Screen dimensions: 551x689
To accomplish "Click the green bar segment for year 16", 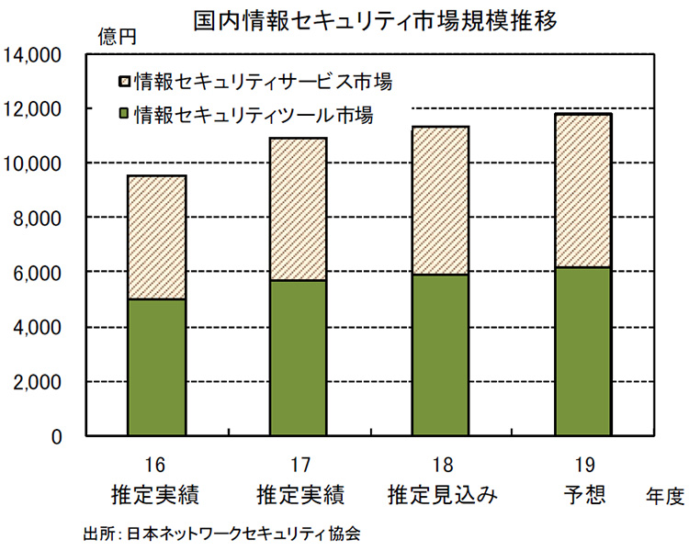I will coord(156,367).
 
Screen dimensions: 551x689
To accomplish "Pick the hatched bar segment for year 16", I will coord(156,237).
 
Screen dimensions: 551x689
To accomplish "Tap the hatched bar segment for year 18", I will coord(441,200).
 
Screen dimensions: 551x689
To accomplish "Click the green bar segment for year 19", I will coord(583,351).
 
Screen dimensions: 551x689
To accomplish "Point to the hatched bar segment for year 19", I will coord(583,190).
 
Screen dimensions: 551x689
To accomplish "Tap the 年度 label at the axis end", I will coord(664,498).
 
